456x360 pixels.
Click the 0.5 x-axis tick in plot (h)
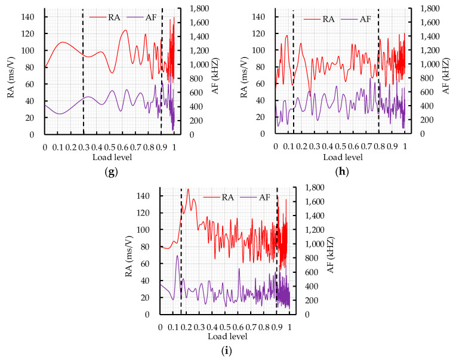(x=340, y=146)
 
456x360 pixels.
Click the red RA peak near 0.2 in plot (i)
(x=188, y=190)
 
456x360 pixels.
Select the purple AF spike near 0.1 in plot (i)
(x=177, y=256)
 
